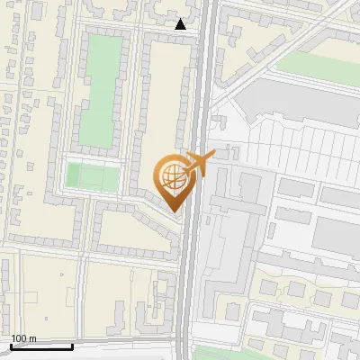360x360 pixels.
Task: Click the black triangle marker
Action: tap(181, 24)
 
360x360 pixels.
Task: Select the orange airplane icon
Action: tap(198, 164)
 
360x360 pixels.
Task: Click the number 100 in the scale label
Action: tap(19, 338)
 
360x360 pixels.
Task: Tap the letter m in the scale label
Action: tap(33, 338)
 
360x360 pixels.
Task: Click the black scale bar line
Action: tap(41, 346)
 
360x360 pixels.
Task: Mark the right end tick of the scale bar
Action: tap(72, 345)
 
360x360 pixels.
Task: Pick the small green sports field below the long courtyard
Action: tap(93, 176)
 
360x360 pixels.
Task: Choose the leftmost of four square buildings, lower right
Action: tap(268, 288)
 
